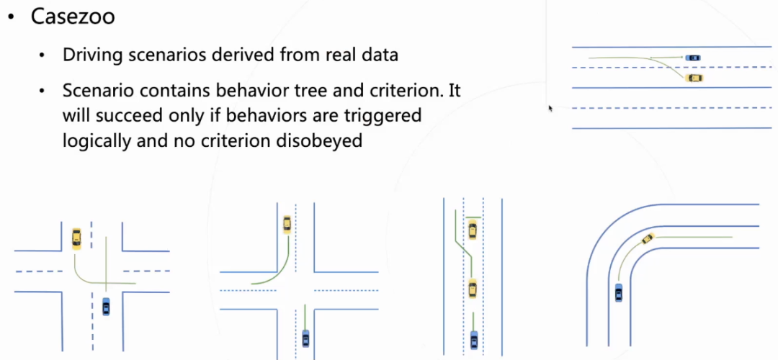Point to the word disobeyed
pos(319,140)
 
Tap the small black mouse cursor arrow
pos(550,108)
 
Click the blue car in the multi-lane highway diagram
pos(693,58)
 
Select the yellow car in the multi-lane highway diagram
pos(694,78)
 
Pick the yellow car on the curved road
pos(648,238)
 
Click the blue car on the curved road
pos(618,292)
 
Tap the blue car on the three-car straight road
pos(473,338)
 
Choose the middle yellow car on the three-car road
pos(473,289)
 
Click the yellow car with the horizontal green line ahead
pos(473,230)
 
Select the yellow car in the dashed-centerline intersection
pos(77,238)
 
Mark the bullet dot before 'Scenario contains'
pos(45,91)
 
